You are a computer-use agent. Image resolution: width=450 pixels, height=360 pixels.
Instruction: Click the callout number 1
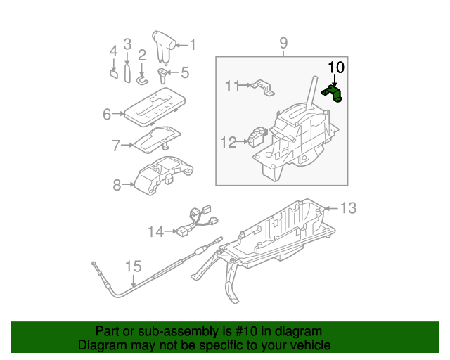point(192,45)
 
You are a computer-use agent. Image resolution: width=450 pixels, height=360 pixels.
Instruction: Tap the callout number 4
point(112,51)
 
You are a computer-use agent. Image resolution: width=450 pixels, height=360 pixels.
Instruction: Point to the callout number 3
point(127,44)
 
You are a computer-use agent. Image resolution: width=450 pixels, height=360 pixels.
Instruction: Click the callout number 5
point(185,72)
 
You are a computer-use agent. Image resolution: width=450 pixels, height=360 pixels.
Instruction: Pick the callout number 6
point(108,113)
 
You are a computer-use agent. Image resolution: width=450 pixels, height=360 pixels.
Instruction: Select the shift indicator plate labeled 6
point(154,108)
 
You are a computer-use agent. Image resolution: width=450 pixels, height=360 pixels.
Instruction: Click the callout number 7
point(116,146)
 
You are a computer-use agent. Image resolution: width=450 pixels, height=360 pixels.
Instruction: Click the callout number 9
point(283,44)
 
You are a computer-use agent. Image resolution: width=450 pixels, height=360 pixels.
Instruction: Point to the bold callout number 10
point(336,67)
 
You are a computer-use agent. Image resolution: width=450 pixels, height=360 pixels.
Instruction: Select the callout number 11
point(232,86)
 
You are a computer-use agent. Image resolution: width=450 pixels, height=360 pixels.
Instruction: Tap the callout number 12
point(228,143)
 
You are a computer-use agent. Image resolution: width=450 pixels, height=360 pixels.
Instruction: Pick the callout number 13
point(349,208)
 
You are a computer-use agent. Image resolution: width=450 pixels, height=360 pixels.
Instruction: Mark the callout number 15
point(133,266)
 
